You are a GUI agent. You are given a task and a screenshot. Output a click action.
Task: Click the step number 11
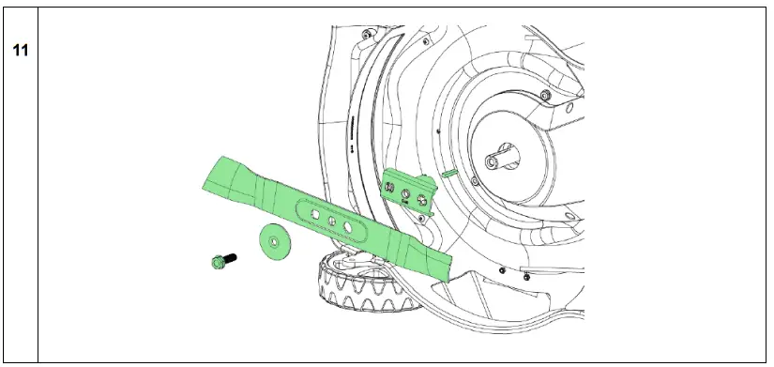click(19, 50)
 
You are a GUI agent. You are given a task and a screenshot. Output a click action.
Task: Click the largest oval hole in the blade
click(348, 227)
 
